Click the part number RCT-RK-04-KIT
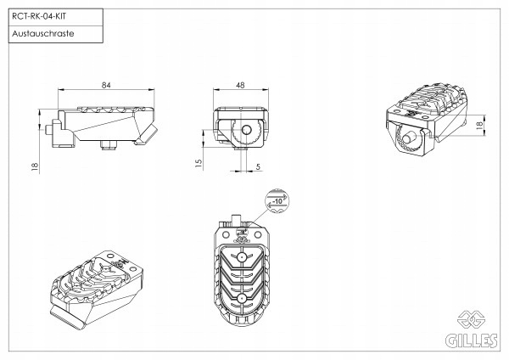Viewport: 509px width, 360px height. coord(37,15)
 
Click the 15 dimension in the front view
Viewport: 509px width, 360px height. coord(197,162)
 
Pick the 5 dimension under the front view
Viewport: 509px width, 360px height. coord(257,166)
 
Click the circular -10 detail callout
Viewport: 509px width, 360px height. coord(277,201)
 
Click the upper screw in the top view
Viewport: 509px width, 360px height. coord(243,256)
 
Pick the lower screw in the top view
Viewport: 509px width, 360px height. coord(243,298)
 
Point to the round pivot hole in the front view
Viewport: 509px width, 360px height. coord(247,132)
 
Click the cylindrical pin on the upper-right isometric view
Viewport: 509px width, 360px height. coord(409,138)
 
